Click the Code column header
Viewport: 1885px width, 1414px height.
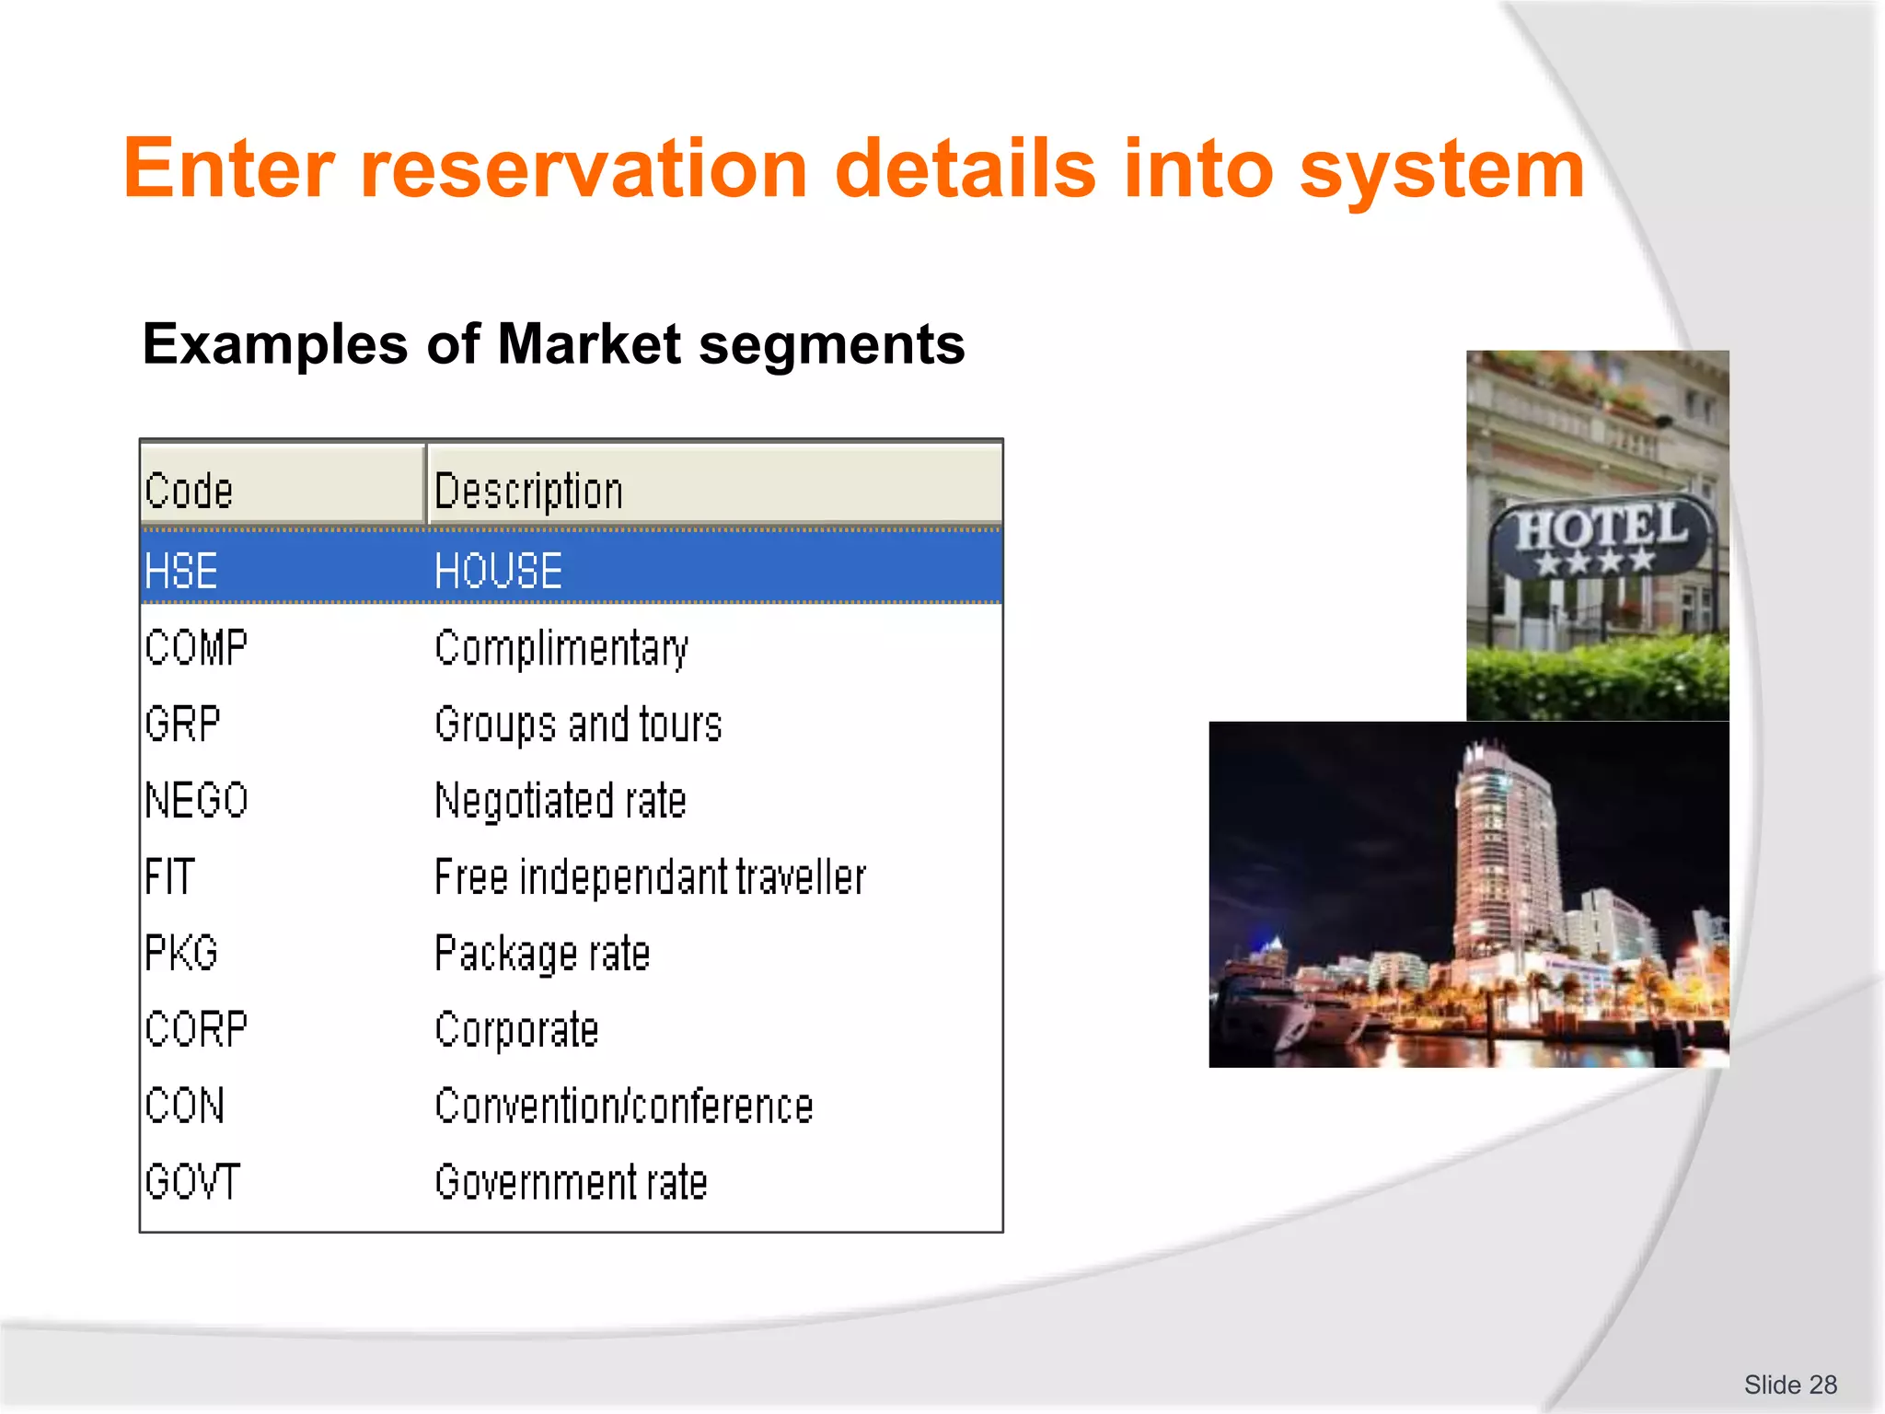(x=190, y=490)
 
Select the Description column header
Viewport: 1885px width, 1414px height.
(x=528, y=492)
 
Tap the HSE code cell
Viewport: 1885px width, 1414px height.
(x=181, y=571)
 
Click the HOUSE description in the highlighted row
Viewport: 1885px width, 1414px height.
(x=498, y=571)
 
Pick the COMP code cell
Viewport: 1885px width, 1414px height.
(x=196, y=647)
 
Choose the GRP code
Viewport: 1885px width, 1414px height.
(x=182, y=724)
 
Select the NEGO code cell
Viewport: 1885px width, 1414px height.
(x=196, y=800)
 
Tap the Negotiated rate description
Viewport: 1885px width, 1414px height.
(x=561, y=801)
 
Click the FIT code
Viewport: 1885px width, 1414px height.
(x=170, y=876)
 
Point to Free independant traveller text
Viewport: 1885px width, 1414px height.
(x=650, y=877)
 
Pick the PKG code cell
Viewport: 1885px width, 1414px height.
(x=181, y=953)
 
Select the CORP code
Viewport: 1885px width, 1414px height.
(x=196, y=1029)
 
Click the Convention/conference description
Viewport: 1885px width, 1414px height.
(x=624, y=1107)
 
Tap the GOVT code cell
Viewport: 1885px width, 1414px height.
(x=192, y=1182)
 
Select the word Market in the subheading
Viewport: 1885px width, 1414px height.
(x=589, y=344)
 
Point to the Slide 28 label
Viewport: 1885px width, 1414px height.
(x=1790, y=1385)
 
